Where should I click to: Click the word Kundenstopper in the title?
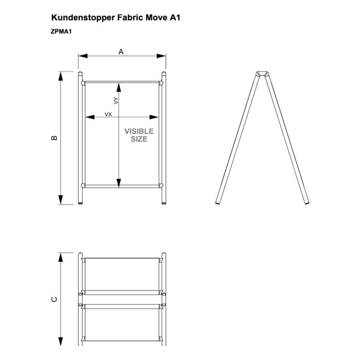(83, 18)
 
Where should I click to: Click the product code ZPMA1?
(61, 31)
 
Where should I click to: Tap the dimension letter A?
(121, 52)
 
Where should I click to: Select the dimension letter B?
(54, 138)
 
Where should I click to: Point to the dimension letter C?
(54, 299)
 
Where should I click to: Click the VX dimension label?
(108, 114)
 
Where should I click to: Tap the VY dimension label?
(116, 101)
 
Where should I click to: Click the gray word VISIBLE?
(139, 131)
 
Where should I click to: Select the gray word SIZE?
(139, 139)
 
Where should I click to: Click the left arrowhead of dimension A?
(83, 56)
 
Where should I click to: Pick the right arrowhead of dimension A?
(161, 56)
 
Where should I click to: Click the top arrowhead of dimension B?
(61, 76)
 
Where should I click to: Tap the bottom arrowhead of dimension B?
(61, 200)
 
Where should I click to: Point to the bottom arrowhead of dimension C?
(61, 341)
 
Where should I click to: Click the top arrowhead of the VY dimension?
(119, 88)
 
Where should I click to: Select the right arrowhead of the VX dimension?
(154, 117)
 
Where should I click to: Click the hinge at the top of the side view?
(262, 74)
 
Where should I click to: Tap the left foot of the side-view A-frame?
(217, 203)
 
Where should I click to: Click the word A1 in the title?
(175, 18)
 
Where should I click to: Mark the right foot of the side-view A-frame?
(307, 203)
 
